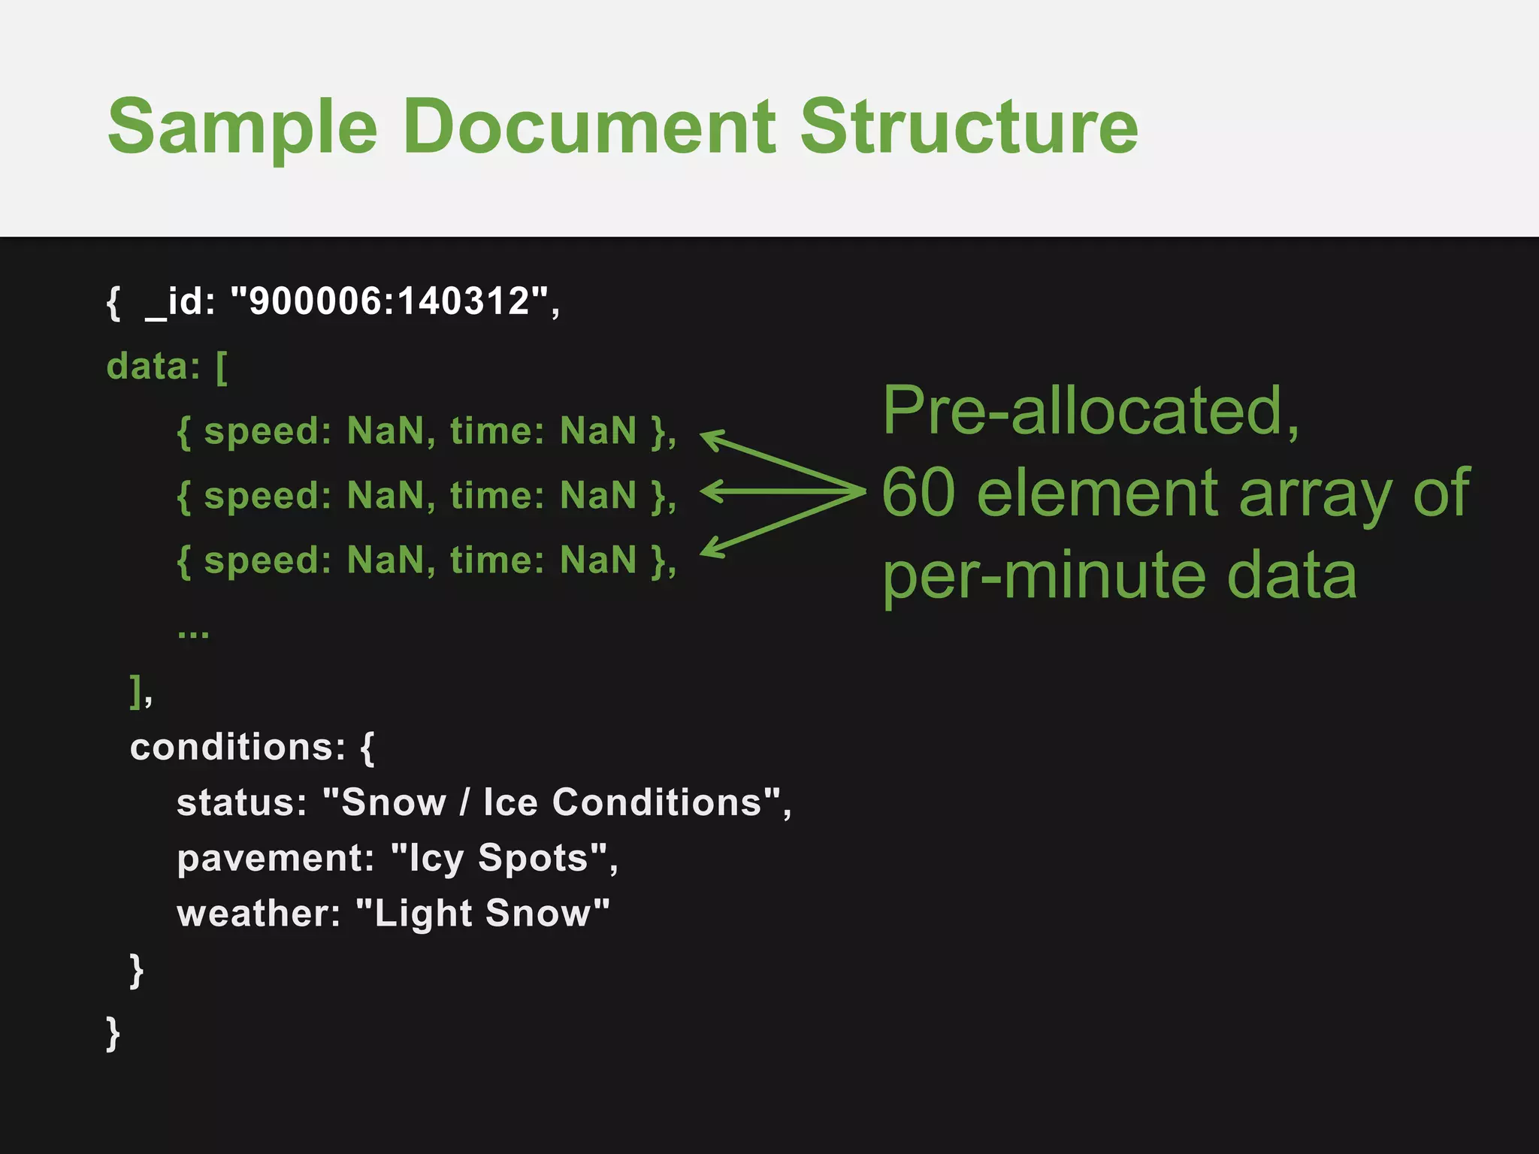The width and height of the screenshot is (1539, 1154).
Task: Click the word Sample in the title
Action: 242,128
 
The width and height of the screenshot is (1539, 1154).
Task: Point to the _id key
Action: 180,303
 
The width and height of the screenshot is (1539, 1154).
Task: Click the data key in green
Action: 153,367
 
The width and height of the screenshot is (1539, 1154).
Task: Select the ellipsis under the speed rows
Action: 193,633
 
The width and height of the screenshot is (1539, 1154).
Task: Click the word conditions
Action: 237,747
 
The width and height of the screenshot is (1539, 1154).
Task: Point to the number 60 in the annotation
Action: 918,493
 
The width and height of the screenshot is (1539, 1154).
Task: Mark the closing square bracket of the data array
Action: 136,690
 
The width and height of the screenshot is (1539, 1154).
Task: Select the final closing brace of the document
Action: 113,1034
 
